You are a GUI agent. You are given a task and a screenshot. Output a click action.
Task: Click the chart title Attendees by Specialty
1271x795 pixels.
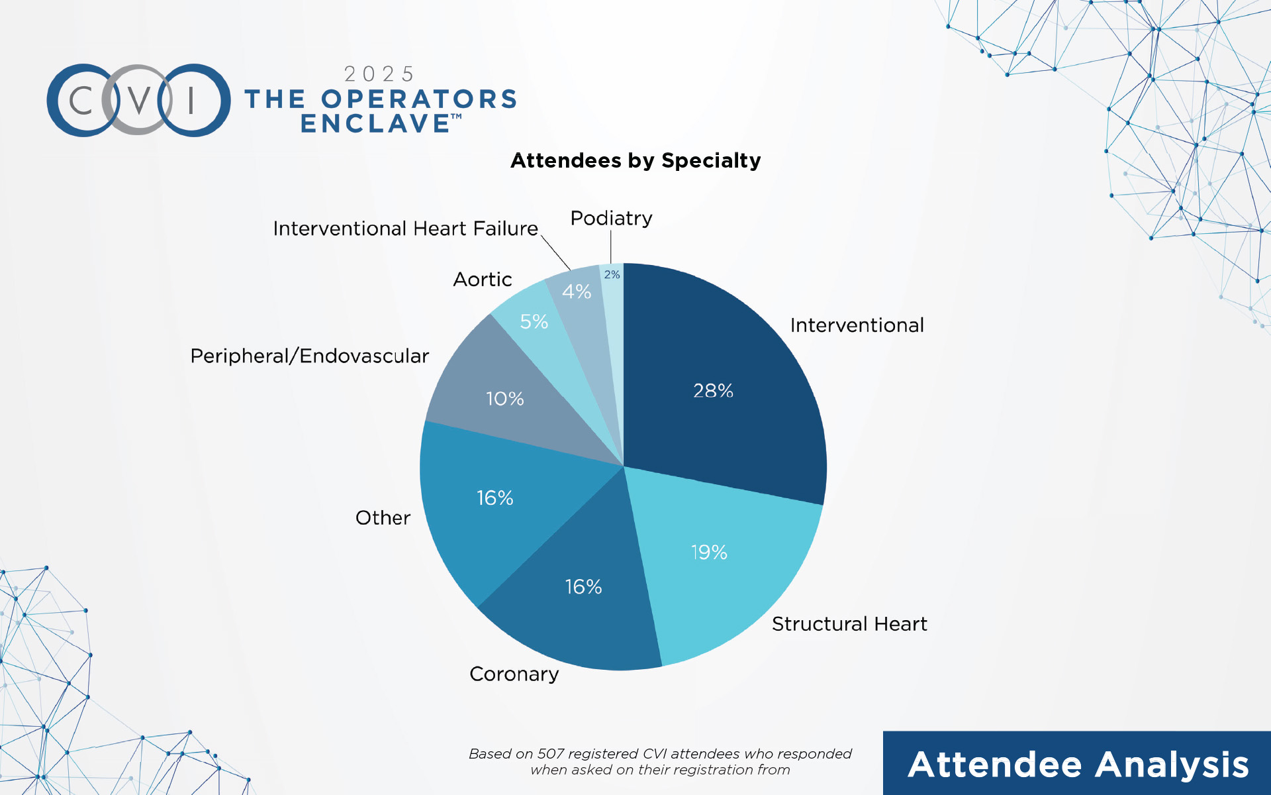click(635, 160)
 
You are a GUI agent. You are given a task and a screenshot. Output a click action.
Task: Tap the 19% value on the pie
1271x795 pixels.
click(709, 552)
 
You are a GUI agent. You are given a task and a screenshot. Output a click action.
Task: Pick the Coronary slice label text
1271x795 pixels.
click(514, 674)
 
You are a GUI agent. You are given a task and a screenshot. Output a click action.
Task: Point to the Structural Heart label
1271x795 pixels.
click(849, 623)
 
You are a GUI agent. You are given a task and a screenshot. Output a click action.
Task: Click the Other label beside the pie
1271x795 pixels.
click(383, 517)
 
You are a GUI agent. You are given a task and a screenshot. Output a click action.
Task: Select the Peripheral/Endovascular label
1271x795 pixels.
click(309, 356)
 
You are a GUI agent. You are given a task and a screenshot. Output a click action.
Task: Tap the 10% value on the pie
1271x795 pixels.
click(505, 398)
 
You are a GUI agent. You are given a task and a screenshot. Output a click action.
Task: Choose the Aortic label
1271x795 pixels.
click(483, 279)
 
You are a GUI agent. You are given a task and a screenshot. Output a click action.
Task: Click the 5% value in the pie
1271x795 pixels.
click(534, 321)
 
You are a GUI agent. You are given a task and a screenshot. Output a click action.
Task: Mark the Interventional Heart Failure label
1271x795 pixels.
click(406, 228)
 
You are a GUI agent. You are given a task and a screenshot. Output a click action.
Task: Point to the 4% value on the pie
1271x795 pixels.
click(577, 291)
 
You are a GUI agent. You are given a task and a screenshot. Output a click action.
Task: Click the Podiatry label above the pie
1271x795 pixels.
click(611, 217)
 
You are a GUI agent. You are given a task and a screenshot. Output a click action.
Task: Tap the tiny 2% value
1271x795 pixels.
click(612, 274)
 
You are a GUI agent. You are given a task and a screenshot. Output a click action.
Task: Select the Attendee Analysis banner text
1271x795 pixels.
click(1078, 765)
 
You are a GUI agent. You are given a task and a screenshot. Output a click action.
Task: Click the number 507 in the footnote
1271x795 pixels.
click(551, 753)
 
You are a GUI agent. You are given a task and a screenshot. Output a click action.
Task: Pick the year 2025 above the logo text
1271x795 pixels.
click(379, 74)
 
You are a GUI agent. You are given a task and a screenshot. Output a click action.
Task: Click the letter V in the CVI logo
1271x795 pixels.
click(138, 101)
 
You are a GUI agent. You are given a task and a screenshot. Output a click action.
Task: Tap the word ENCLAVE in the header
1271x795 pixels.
click(375, 123)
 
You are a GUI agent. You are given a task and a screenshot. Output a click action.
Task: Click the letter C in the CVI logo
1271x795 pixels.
click(81, 101)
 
